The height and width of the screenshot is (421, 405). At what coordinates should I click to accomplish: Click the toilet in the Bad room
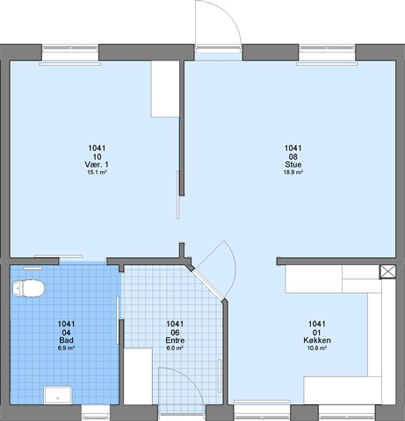pyautogui.click(x=28, y=289)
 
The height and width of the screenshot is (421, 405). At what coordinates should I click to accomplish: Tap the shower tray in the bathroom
pyautogui.click(x=58, y=395)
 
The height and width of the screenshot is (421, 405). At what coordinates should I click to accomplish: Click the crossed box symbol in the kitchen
pyautogui.click(x=387, y=272)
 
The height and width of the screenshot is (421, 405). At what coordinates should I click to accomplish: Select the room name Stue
pyautogui.click(x=293, y=165)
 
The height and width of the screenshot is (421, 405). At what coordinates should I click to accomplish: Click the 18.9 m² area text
pyautogui.click(x=293, y=172)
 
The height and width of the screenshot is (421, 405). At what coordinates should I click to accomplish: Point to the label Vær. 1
pyautogui.click(x=97, y=165)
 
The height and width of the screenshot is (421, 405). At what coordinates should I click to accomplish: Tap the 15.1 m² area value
pyautogui.click(x=97, y=172)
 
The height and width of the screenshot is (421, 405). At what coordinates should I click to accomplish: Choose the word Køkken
pyautogui.click(x=317, y=340)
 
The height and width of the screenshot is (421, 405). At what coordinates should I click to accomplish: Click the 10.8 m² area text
pyautogui.click(x=317, y=348)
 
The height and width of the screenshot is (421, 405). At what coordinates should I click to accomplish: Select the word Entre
pyautogui.click(x=175, y=340)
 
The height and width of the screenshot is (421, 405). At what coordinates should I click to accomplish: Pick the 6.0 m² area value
pyautogui.click(x=175, y=348)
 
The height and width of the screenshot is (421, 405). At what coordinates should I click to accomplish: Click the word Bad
pyautogui.click(x=66, y=340)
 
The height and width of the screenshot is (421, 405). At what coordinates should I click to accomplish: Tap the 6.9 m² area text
pyautogui.click(x=66, y=348)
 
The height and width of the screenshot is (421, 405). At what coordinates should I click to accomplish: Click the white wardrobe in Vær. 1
pyautogui.click(x=165, y=89)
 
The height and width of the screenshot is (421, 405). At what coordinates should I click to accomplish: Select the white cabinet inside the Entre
pyautogui.click(x=138, y=376)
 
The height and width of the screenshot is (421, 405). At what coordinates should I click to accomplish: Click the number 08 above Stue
pyautogui.click(x=293, y=157)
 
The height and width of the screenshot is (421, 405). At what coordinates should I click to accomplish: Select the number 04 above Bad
pyautogui.click(x=66, y=332)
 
